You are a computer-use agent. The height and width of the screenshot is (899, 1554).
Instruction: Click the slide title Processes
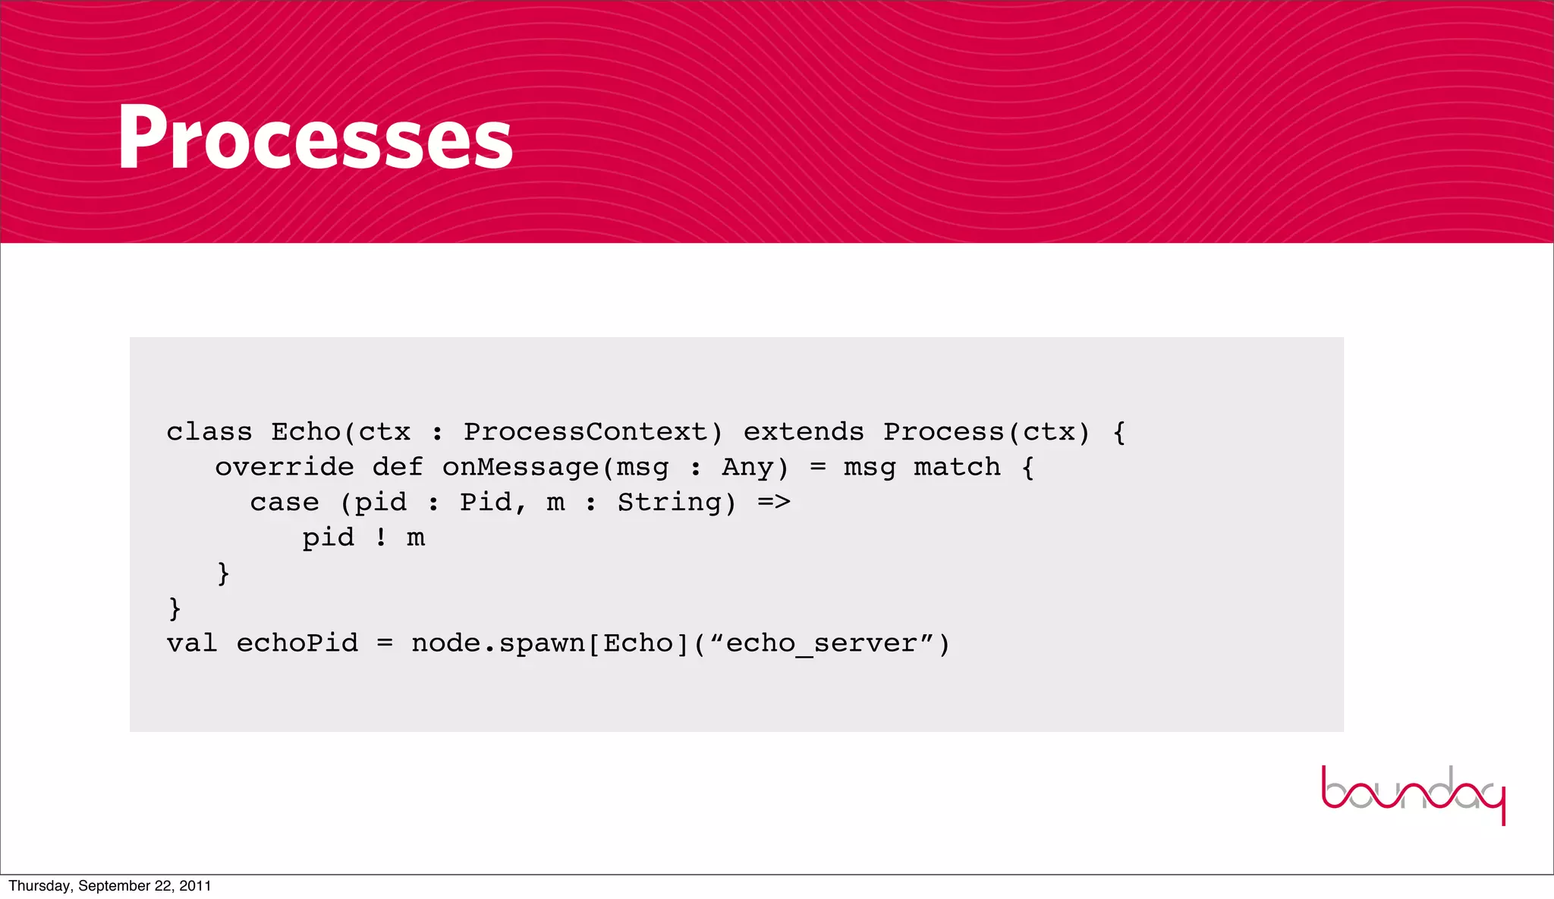(x=315, y=138)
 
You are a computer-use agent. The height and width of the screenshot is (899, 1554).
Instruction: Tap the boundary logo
(x=1413, y=794)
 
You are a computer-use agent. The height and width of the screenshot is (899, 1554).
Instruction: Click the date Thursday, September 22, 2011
(x=110, y=886)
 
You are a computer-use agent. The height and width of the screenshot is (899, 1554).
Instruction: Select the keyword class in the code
(x=209, y=432)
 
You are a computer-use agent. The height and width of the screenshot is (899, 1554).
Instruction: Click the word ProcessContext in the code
(x=585, y=432)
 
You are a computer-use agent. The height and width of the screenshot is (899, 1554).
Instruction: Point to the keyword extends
(x=804, y=432)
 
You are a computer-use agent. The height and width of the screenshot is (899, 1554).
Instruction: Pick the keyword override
(x=285, y=467)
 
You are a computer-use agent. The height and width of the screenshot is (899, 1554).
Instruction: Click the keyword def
(x=398, y=467)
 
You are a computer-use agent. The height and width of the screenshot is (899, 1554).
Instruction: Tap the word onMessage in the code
(x=521, y=467)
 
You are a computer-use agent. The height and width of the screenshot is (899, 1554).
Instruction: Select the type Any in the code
(x=747, y=467)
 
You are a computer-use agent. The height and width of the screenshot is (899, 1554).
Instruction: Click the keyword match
(x=957, y=467)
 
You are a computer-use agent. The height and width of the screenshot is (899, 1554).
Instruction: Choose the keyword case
(x=285, y=503)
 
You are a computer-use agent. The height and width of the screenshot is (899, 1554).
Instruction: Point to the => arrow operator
(x=774, y=503)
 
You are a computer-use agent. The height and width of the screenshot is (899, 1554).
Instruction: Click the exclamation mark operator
(x=381, y=538)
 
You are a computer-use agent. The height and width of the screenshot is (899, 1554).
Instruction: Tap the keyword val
(x=192, y=644)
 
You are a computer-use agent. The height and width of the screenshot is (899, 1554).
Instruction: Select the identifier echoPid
(x=297, y=644)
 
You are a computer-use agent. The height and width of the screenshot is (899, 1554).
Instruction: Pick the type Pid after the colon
(x=485, y=503)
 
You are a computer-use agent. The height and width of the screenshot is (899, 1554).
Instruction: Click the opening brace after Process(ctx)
(x=1119, y=432)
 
